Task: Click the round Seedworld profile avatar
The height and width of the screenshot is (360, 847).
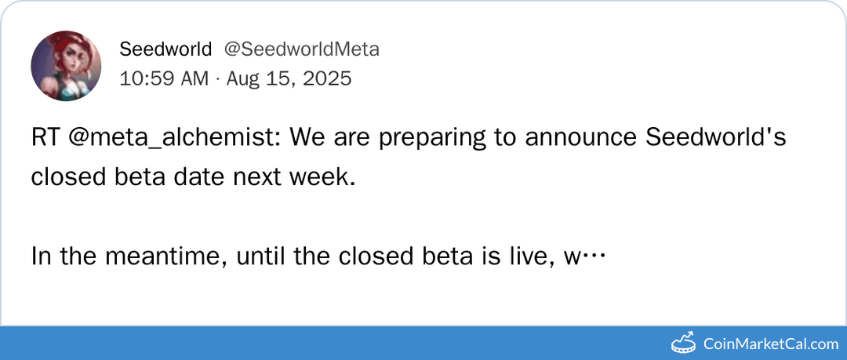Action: click(66, 66)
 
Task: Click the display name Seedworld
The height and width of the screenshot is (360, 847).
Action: click(165, 49)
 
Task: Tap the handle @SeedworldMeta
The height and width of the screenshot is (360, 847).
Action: click(302, 49)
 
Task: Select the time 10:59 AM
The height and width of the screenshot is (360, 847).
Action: click(164, 78)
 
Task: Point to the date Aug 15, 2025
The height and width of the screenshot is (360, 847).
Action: click(289, 78)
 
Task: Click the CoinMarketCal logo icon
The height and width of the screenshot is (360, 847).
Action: click(684, 343)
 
